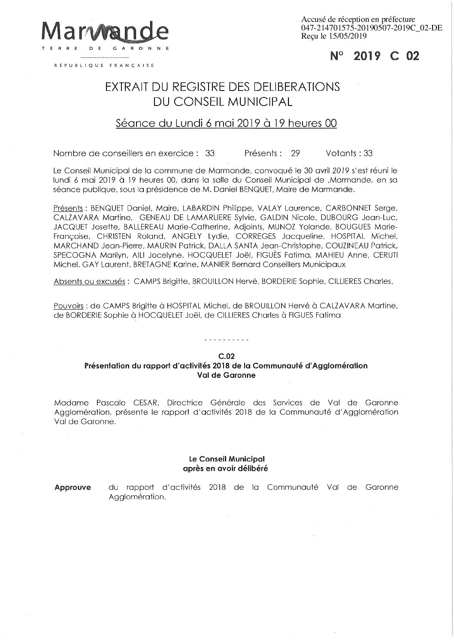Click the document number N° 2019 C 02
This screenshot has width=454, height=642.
tap(375, 56)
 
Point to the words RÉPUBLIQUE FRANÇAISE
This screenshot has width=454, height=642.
tap(104, 66)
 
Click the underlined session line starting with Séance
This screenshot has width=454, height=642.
tap(226, 124)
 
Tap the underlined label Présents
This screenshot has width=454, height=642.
tap(68, 208)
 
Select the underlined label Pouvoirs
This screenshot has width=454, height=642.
tap(69, 307)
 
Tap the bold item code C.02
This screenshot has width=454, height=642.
tap(226, 356)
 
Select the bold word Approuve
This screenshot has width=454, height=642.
tap(73, 488)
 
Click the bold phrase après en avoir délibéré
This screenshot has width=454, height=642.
tap(226, 468)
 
